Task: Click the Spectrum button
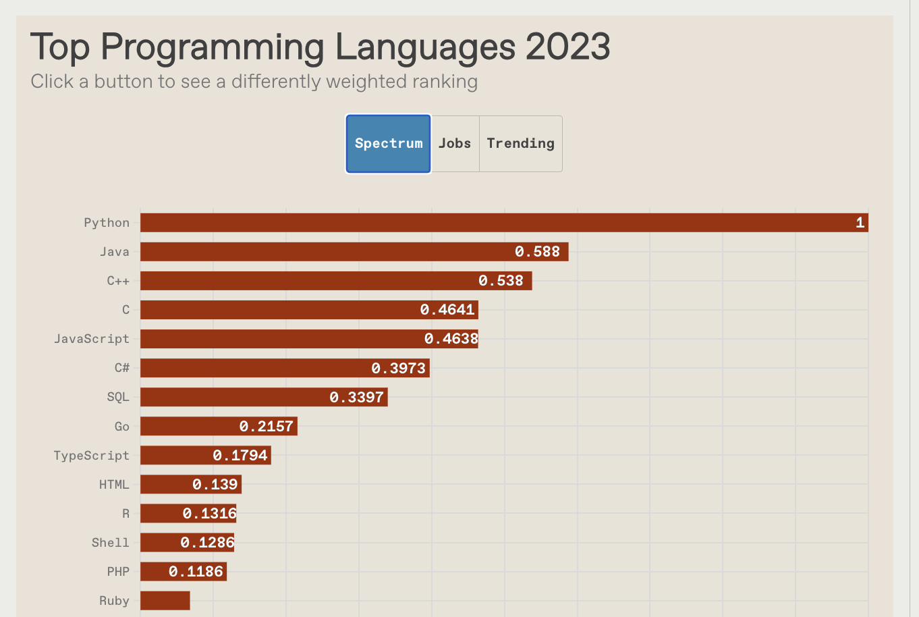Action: coord(388,144)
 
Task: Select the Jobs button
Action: coord(455,144)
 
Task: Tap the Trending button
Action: coord(520,144)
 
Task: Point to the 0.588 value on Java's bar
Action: coord(537,252)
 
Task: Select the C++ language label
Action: coord(118,281)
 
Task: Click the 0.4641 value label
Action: coord(447,310)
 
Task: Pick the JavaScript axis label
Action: coord(92,339)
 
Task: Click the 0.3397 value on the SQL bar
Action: coord(356,397)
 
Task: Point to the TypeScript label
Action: coord(92,456)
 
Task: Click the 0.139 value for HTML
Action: coord(215,484)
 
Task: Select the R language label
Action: coord(126,514)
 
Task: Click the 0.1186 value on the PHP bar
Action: coord(196,572)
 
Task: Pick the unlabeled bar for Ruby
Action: coord(165,601)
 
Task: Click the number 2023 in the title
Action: coord(567,47)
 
